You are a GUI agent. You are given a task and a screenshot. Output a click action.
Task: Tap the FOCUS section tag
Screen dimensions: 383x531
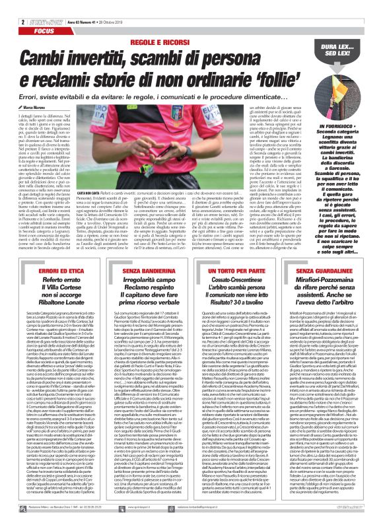[25, 13]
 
